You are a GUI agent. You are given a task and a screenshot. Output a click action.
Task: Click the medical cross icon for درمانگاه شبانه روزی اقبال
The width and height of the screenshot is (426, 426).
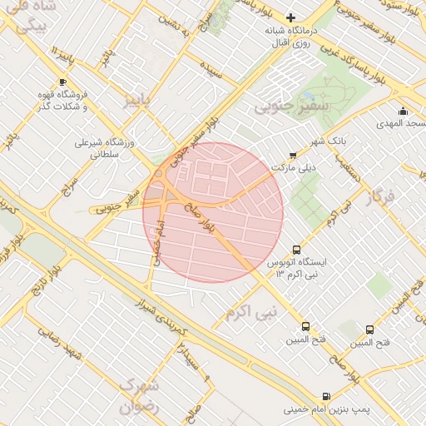(x=290, y=17)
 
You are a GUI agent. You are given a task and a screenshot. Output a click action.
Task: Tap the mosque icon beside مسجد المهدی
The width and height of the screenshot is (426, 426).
(x=404, y=111)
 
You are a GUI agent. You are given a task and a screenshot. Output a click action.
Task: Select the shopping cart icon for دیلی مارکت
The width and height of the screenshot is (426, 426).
(x=292, y=155)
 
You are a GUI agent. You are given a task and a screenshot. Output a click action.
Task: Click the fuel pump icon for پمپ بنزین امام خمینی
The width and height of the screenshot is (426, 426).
(x=324, y=396)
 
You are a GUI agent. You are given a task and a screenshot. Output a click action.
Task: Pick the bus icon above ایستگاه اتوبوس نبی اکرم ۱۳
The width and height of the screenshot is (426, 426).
(x=296, y=250)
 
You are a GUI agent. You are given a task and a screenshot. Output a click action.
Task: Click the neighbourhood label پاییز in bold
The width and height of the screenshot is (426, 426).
(x=139, y=102)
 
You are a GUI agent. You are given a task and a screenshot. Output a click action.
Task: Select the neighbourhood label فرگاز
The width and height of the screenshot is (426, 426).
(x=379, y=198)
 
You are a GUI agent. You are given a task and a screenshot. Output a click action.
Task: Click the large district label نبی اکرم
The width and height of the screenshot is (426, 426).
(x=249, y=313)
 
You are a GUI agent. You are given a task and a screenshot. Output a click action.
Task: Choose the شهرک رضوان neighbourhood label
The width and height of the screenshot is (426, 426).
(x=138, y=397)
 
